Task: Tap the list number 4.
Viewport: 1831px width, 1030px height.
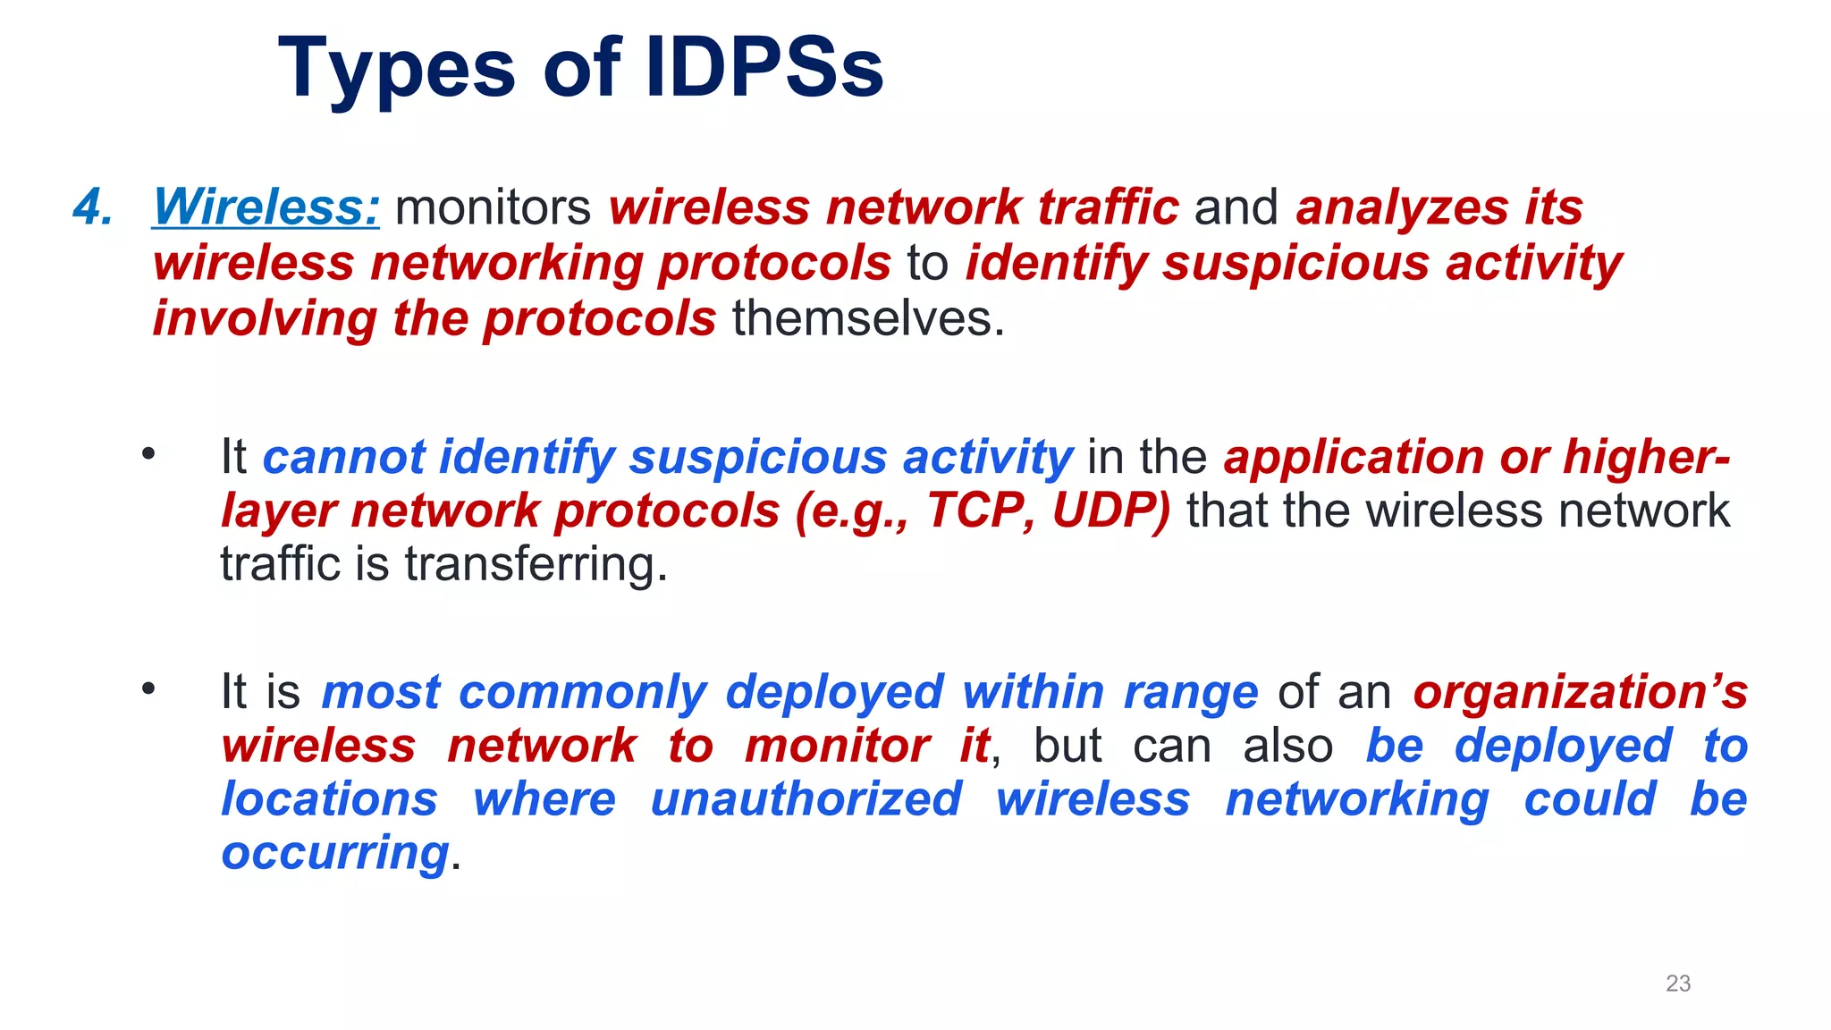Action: click(93, 207)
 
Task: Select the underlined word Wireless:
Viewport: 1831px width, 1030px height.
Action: click(266, 207)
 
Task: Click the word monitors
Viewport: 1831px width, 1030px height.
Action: click(493, 207)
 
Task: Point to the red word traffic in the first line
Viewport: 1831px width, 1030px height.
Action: click(1108, 207)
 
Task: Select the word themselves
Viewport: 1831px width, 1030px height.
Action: click(868, 319)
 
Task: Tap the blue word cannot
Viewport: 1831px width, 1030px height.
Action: click(343, 457)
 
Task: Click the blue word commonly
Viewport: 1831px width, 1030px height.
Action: click(583, 692)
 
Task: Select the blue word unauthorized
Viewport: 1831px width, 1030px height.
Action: click(806, 799)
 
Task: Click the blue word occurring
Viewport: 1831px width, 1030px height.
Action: click(334, 854)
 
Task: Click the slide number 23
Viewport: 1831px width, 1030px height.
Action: click(1678, 984)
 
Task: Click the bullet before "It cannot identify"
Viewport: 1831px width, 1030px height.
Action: click(148, 454)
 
